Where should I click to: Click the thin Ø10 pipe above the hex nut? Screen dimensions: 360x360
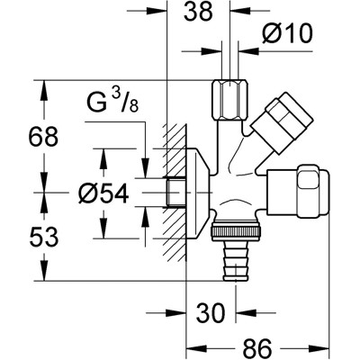pyautogui.click(x=221, y=54)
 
